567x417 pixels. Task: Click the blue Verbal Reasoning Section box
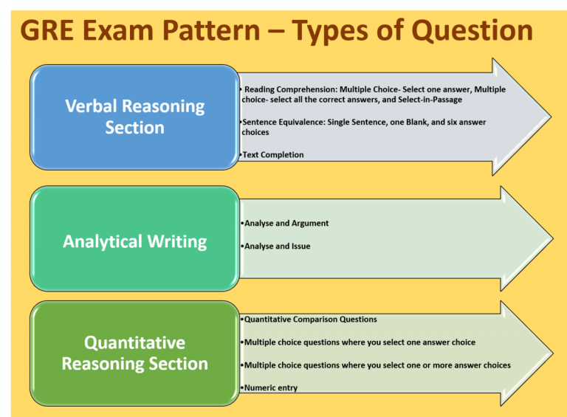tap(134, 117)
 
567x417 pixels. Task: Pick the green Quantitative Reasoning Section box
tap(134, 353)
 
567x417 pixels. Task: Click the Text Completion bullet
tap(273, 155)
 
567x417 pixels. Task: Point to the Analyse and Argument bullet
tap(286, 223)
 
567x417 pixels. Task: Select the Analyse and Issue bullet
tap(278, 247)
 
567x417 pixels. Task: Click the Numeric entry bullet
tap(271, 387)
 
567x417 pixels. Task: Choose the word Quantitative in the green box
tap(134, 342)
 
